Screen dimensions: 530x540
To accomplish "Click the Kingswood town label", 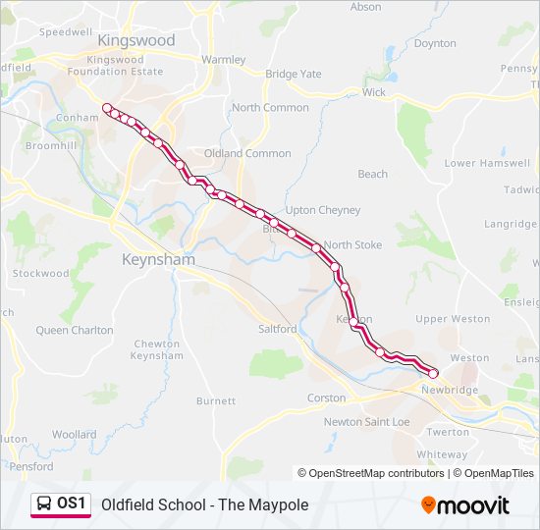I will pyautogui.click(x=136, y=40).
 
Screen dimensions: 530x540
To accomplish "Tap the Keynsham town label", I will pyautogui.click(x=158, y=260).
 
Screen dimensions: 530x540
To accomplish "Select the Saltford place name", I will pyautogui.click(x=277, y=329).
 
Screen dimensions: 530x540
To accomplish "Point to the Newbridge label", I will pyautogui.click(x=450, y=390).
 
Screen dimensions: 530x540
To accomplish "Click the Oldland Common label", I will pyautogui.click(x=247, y=153).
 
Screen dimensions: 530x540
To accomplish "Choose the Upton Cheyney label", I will pyautogui.click(x=323, y=210).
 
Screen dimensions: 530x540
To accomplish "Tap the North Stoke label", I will pyautogui.click(x=352, y=244).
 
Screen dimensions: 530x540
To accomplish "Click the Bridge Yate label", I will pyautogui.click(x=294, y=74).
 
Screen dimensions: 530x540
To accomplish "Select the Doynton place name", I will pyautogui.click(x=435, y=43).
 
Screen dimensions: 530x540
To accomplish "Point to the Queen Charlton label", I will pyautogui.click(x=75, y=331).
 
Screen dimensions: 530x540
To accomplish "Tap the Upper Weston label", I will pyautogui.click(x=453, y=319).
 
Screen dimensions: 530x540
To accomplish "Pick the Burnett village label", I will pyautogui.click(x=216, y=400).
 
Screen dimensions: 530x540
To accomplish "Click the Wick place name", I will pyautogui.click(x=374, y=92).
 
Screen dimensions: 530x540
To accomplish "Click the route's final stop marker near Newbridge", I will pyautogui.click(x=433, y=373).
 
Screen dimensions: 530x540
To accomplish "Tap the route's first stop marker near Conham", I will pyautogui.click(x=107, y=108).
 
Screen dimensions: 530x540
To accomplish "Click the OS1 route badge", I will pyautogui.click(x=61, y=504).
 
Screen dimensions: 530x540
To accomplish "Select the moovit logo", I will pyautogui.click(x=465, y=505).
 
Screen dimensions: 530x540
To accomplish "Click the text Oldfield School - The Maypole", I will pyautogui.click(x=204, y=504).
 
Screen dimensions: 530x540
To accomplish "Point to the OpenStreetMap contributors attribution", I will pyautogui.click(x=371, y=473).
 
